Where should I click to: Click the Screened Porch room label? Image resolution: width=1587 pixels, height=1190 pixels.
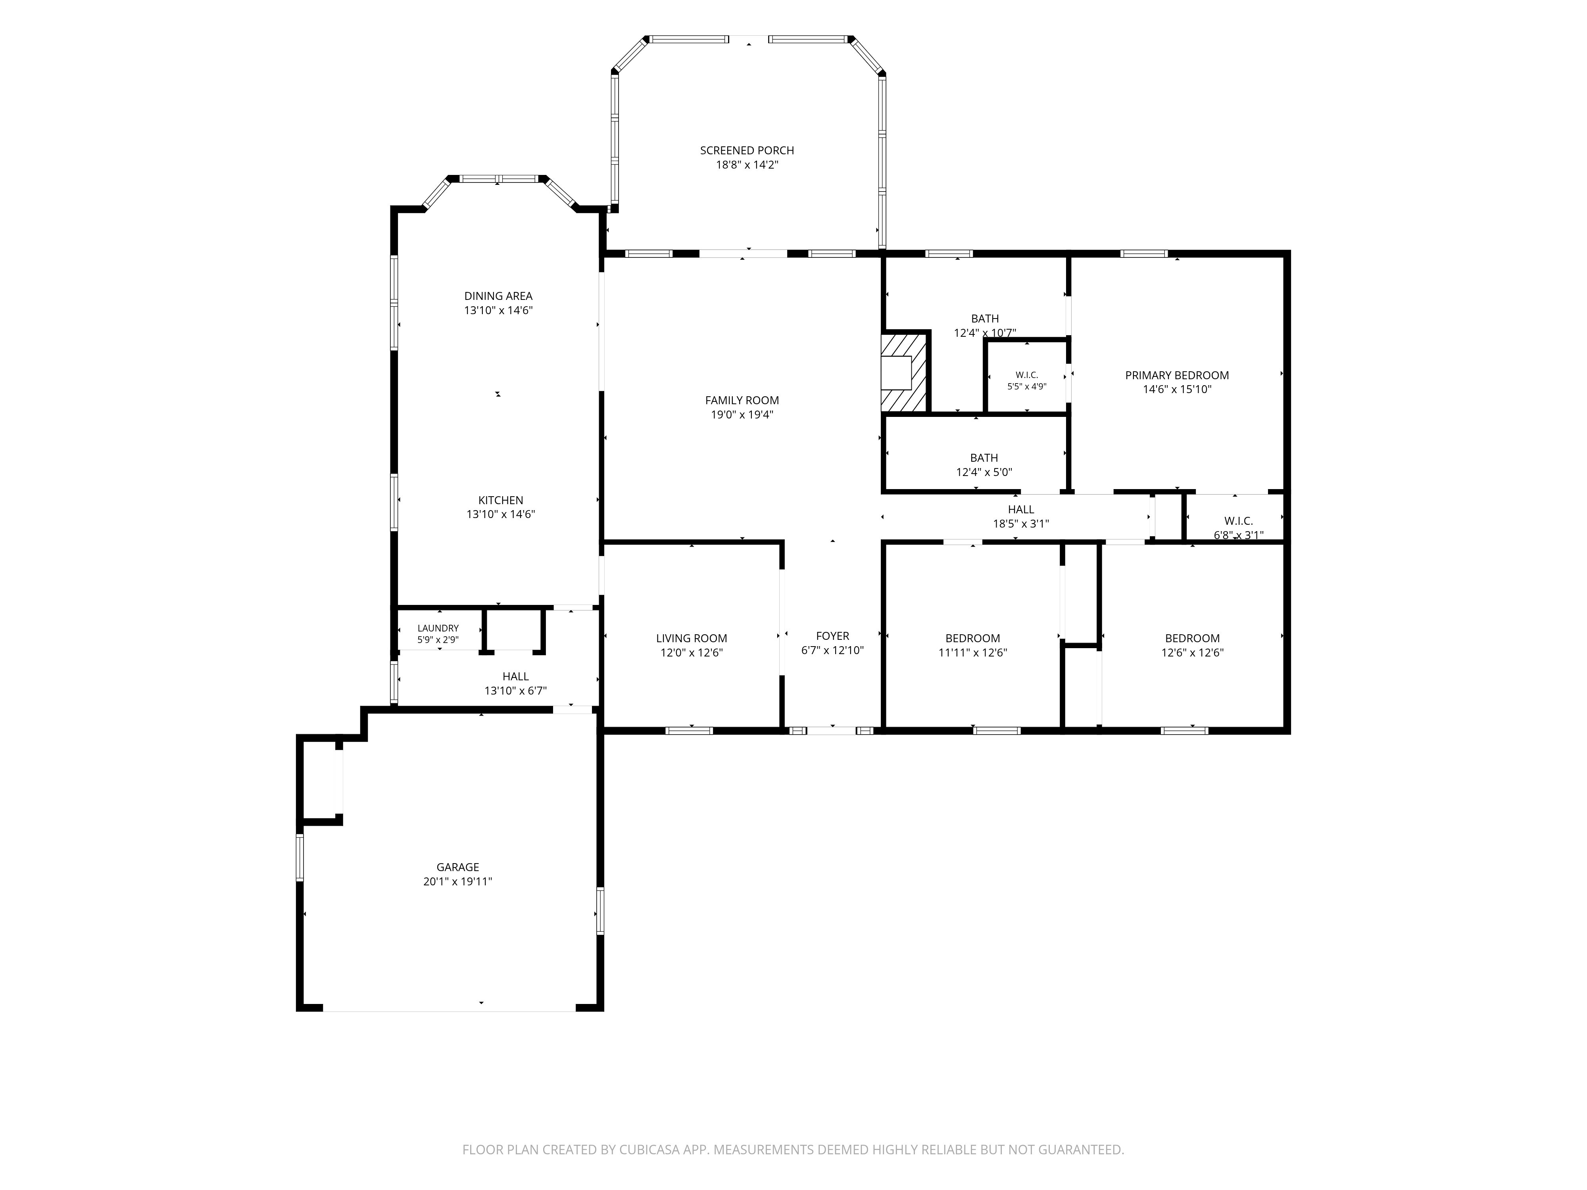pyautogui.click(x=747, y=151)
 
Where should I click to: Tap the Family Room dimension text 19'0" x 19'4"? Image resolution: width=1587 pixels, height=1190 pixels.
pyautogui.click(x=742, y=415)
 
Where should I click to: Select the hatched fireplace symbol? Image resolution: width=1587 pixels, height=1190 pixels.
pyautogui.click(x=905, y=372)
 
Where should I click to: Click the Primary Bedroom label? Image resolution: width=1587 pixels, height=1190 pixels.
pyautogui.click(x=1177, y=375)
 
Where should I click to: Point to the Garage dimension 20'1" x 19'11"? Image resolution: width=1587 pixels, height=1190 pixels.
pyautogui.click(x=458, y=881)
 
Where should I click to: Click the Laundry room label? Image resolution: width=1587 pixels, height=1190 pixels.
pyautogui.click(x=438, y=628)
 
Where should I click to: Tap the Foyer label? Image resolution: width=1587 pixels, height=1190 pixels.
pyautogui.click(x=832, y=636)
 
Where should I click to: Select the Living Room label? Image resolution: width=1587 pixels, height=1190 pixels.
pyautogui.click(x=692, y=638)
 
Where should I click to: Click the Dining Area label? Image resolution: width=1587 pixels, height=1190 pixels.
pyautogui.click(x=498, y=296)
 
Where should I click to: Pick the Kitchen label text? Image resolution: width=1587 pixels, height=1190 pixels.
pyautogui.click(x=501, y=501)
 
